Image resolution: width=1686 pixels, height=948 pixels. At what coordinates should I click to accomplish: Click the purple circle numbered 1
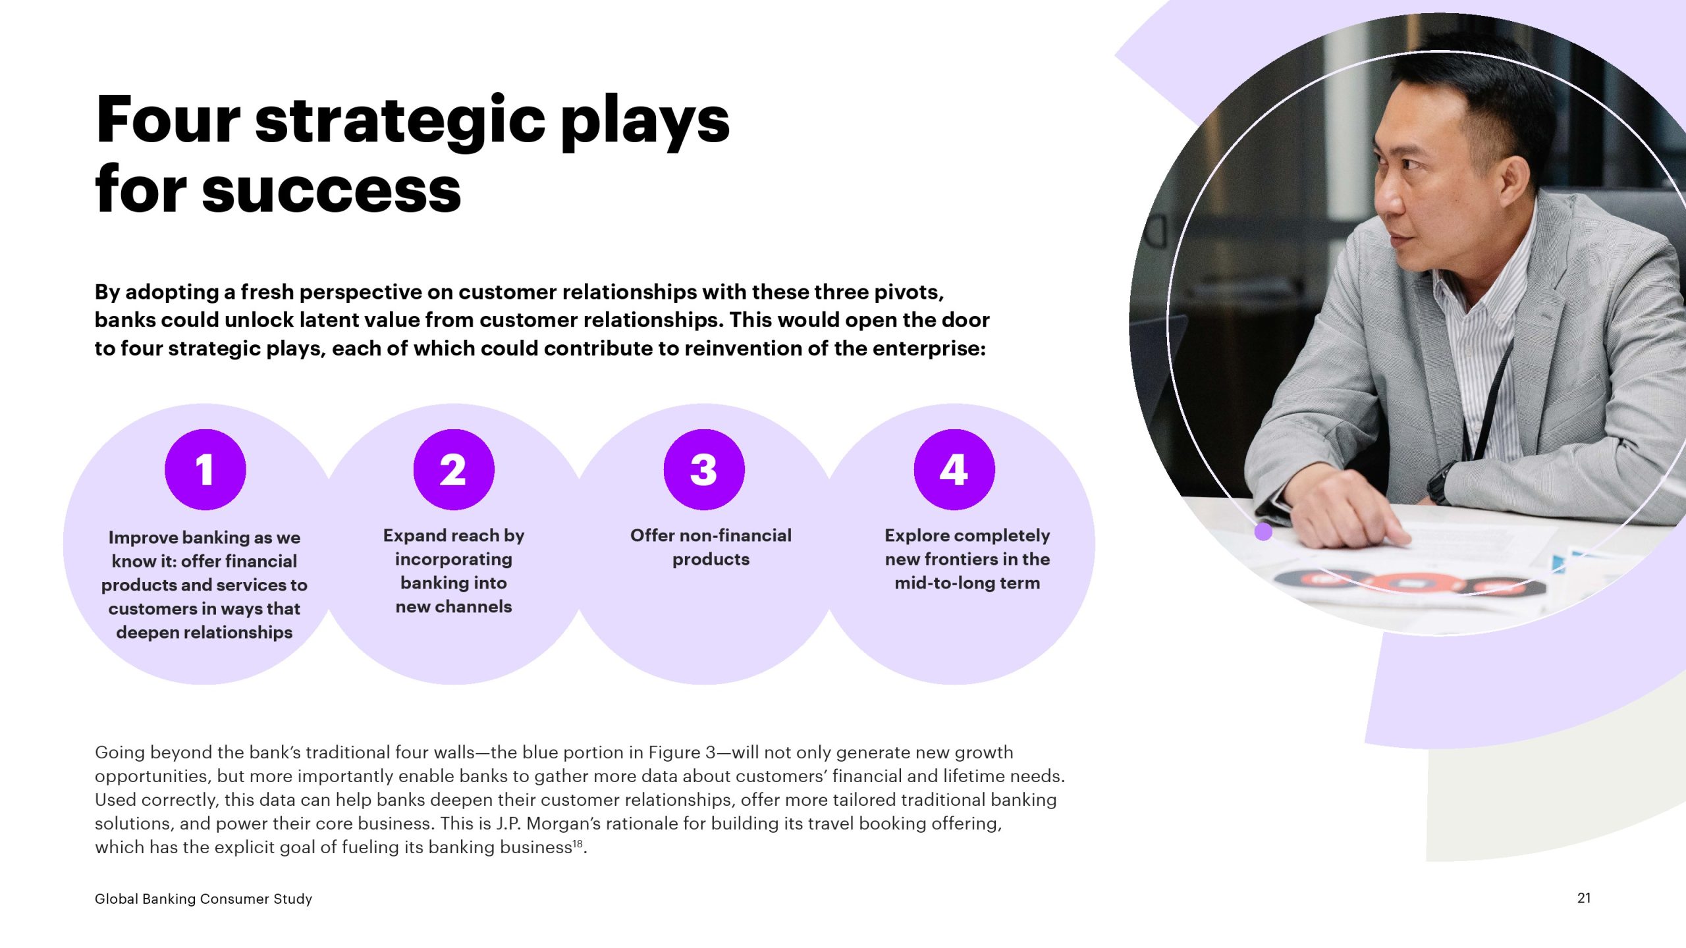205,469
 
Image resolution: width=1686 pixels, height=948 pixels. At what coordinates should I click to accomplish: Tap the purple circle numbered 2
454,469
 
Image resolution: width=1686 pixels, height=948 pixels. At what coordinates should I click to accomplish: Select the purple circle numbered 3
704,469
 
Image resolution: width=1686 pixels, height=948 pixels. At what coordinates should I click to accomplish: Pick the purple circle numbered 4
954,469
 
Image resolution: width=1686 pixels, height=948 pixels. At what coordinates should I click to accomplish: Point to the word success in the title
331,190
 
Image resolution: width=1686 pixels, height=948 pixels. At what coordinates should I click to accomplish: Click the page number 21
1584,898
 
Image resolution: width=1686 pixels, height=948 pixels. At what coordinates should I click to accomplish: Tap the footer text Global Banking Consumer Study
204,899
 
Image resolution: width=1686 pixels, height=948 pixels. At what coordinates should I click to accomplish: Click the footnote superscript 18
578,843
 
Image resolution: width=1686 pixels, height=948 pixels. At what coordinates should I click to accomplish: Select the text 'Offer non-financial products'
711,547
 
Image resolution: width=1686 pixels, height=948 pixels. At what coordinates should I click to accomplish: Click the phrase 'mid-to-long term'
967,583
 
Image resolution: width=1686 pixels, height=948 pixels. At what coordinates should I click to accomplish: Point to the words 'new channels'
454,606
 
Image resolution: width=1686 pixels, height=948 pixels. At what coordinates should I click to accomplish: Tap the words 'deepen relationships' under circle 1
204,633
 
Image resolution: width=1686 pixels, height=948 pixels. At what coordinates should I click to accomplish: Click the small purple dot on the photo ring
1263,531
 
